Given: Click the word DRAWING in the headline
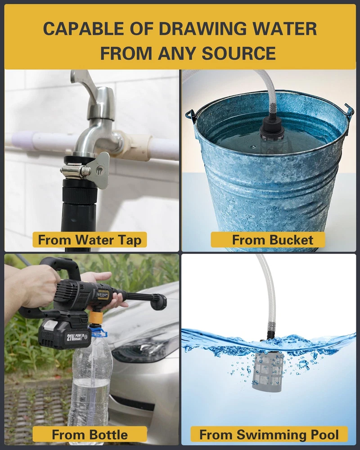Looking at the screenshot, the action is pos(202,29).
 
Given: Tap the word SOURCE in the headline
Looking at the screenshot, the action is pos(238,54).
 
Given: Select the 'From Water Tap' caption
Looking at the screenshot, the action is pos(90,240).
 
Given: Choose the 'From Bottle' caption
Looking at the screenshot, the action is pos(90,435).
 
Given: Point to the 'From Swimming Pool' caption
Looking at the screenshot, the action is pos(269,435).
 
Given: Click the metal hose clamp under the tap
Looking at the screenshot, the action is pos(75,171).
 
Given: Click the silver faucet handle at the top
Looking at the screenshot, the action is pos(81,82).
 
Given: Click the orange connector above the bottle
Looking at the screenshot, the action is pos(95,317).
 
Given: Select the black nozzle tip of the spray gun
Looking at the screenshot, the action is pos(159,302).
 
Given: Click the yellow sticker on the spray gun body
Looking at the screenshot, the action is pos(103,294).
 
